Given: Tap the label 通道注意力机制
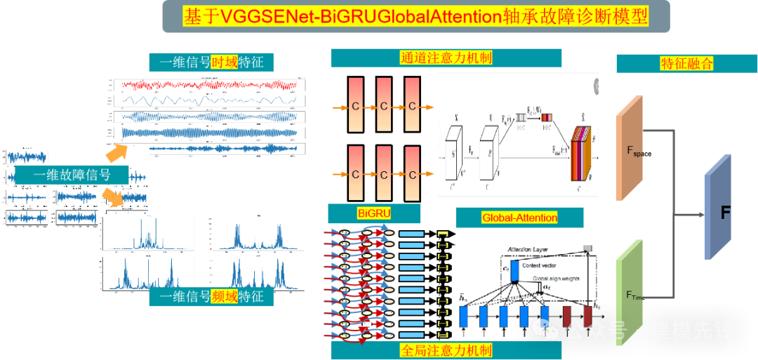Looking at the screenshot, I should (x=446, y=58).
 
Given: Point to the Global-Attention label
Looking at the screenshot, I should (x=519, y=218).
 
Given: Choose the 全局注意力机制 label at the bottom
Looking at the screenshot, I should (x=446, y=349).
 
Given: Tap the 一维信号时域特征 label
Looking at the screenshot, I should (x=211, y=62).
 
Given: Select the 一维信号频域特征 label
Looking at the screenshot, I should (x=211, y=297).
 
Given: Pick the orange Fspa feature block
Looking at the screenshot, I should (x=630, y=148).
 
